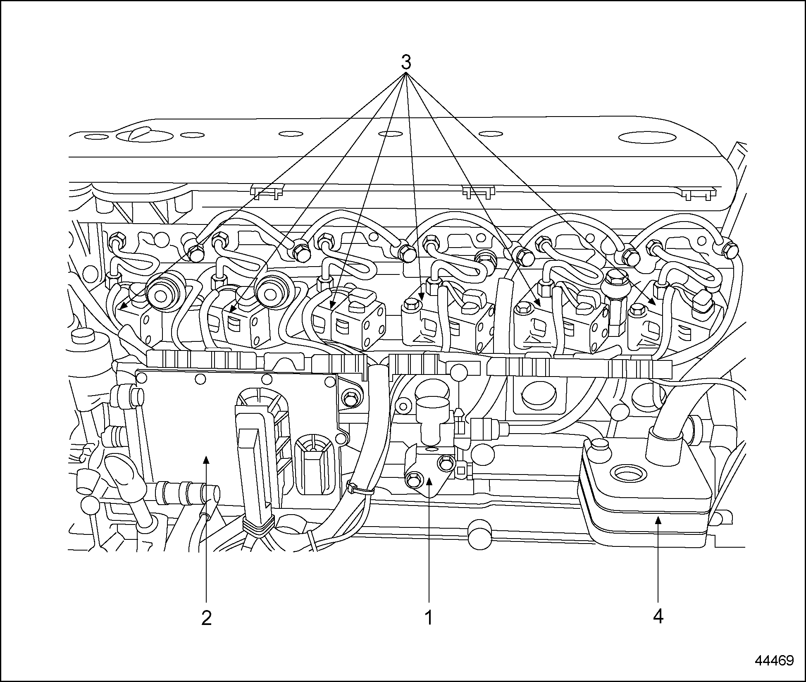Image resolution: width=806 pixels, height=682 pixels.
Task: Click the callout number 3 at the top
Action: pos(406,62)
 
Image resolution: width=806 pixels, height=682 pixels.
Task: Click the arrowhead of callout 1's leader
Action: pos(429,479)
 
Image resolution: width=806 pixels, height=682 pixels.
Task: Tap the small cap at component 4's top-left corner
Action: pos(599,446)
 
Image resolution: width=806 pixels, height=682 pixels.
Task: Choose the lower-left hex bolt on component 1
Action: pos(412,479)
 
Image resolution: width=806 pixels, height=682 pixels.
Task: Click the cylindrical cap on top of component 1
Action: pos(433,407)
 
